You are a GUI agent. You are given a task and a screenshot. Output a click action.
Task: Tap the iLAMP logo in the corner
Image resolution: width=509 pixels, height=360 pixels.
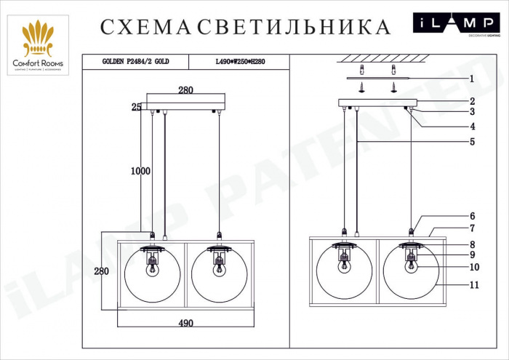[x=457, y=24]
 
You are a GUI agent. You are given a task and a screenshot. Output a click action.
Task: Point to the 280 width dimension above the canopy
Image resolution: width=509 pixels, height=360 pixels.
[x=185, y=91]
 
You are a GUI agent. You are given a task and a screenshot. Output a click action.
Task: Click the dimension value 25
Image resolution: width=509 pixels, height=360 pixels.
[x=136, y=107]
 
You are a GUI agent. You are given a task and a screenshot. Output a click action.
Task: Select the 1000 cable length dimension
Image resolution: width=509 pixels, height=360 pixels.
[x=140, y=172]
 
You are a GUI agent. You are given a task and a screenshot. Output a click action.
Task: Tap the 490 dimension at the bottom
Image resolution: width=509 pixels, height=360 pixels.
[x=185, y=323]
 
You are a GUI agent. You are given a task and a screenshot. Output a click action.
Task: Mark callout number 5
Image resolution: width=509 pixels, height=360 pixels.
[x=471, y=142]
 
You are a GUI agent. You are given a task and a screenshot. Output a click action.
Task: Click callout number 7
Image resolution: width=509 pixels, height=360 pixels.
[x=471, y=228]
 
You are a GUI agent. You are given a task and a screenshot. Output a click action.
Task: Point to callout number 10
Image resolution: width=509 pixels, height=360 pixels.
[x=473, y=267]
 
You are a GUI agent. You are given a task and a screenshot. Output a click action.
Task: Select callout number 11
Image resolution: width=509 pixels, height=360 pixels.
[x=473, y=285]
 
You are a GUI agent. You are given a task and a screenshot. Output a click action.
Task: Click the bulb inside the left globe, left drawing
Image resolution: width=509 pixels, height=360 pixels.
[x=153, y=268]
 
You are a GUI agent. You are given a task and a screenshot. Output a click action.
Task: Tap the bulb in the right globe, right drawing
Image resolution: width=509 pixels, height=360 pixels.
[x=411, y=264]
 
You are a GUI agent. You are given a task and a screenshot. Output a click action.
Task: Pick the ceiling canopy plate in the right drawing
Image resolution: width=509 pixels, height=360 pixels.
[x=377, y=103]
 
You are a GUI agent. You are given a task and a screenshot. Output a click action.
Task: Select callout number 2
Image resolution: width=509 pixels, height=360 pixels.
[x=471, y=101]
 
